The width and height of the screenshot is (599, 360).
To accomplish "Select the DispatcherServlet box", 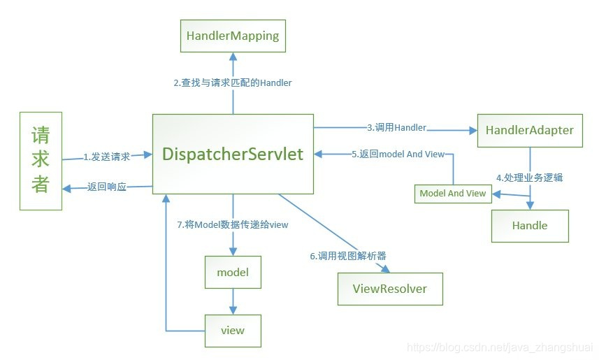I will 233,154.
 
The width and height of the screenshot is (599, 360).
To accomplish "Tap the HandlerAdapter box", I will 530,130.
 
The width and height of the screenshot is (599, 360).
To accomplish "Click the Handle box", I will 530,226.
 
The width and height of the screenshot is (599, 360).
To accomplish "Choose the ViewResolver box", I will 390,288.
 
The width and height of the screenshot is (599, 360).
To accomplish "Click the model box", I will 232,273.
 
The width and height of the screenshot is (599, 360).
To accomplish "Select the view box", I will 232,330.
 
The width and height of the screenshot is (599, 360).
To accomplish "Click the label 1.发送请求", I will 107,157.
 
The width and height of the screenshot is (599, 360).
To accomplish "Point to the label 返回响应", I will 107,187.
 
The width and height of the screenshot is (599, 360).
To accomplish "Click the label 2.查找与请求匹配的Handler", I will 233,82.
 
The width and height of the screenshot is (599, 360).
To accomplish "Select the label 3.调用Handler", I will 396,127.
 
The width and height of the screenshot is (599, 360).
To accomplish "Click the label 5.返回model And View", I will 398,154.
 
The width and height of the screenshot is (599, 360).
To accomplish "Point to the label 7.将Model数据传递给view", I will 233,224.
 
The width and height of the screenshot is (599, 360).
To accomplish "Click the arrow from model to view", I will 232,301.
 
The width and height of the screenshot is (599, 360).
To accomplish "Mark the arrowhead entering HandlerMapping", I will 232,57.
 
